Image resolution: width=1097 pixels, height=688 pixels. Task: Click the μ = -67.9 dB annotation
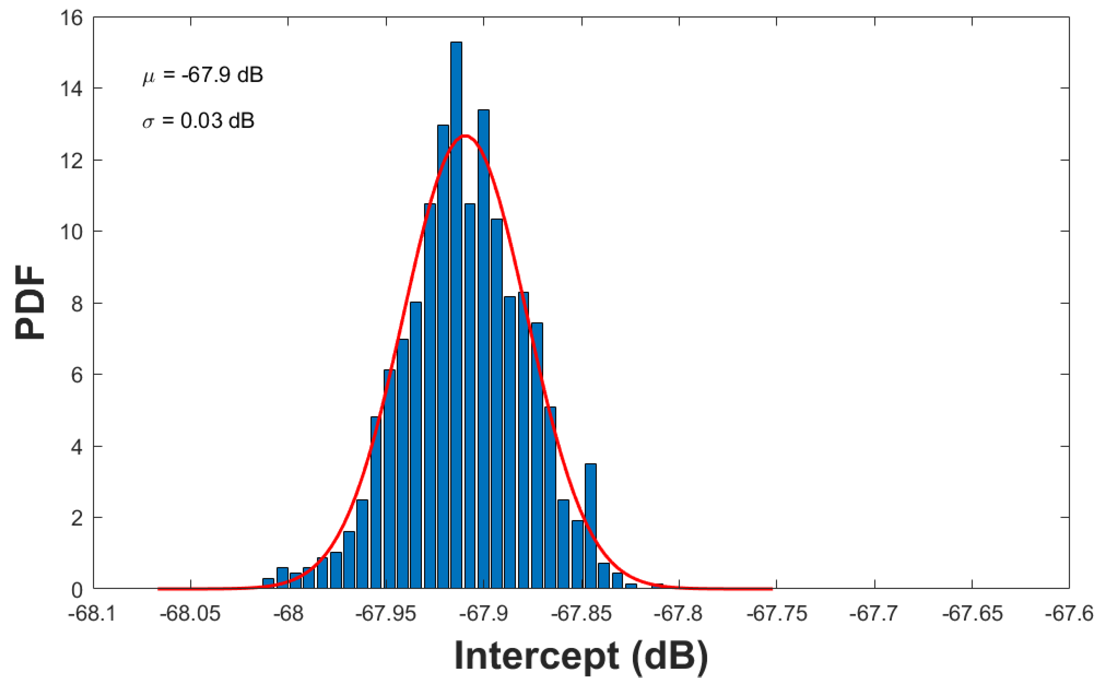tap(203, 75)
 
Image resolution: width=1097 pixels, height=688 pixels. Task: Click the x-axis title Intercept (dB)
tap(581, 656)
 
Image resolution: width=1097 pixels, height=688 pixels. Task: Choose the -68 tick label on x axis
tap(288, 614)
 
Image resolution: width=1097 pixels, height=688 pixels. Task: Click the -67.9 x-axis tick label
tap(483, 614)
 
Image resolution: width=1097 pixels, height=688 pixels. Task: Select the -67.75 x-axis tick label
tap(776, 614)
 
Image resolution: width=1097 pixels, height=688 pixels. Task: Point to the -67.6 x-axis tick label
tap(1069, 614)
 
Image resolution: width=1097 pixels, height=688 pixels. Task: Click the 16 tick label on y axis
tap(71, 18)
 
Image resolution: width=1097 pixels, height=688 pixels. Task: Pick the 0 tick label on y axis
tap(77, 590)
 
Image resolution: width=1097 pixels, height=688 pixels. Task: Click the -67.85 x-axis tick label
tap(581, 614)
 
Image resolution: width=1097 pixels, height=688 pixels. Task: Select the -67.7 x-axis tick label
tap(874, 614)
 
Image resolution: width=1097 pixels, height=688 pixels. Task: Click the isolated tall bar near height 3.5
tap(590, 526)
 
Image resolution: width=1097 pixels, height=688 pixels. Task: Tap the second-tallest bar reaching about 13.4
tap(483, 348)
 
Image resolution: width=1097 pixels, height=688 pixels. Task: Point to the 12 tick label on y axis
tap(71, 161)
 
